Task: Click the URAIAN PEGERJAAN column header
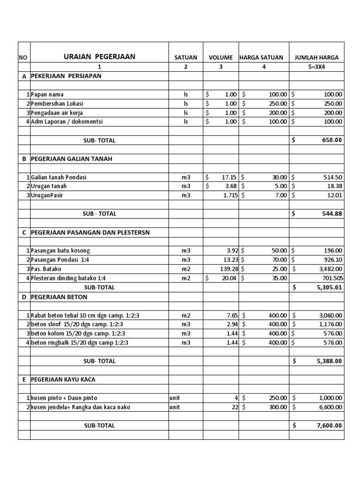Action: coord(99,57)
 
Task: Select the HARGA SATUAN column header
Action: coord(261,58)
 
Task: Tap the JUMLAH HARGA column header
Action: coord(316,58)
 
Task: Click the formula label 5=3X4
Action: coord(316,67)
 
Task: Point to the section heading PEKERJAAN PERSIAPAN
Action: coord(66,76)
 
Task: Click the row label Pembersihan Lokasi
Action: coord(57,104)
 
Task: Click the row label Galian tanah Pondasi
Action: coord(59,177)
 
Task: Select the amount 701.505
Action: coord(330,278)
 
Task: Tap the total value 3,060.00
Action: coord(329,315)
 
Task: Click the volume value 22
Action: coord(235,407)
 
